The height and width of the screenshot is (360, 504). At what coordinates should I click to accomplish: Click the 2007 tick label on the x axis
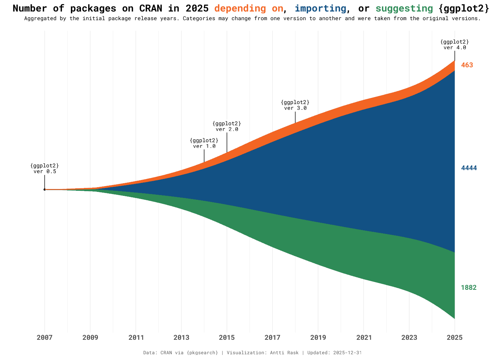[45, 338]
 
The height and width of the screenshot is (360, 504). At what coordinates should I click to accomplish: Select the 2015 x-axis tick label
[227, 338]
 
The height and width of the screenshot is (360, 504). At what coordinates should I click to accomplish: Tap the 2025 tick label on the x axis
[454, 338]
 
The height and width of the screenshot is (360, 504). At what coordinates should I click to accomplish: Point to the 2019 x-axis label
[318, 338]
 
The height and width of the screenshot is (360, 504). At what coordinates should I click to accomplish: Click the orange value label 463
[467, 65]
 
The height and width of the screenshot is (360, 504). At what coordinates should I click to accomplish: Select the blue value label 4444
[469, 168]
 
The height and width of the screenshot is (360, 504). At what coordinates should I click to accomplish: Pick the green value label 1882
[468, 288]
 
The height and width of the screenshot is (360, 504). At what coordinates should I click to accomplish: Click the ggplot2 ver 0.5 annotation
[45, 168]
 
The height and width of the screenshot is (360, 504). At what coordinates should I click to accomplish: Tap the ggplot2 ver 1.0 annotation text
[204, 143]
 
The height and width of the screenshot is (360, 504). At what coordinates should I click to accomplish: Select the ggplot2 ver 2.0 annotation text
[227, 126]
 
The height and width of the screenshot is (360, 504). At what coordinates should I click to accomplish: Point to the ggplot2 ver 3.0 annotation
[295, 105]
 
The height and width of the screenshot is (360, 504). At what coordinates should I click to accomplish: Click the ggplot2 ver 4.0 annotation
[455, 45]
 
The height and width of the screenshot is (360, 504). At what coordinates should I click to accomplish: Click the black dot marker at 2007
[45, 189]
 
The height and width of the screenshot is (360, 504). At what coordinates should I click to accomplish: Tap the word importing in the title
[320, 8]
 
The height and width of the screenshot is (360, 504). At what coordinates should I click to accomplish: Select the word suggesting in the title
[404, 8]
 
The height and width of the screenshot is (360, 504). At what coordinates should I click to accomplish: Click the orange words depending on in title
[249, 8]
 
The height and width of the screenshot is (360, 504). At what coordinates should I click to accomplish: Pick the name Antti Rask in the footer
[284, 353]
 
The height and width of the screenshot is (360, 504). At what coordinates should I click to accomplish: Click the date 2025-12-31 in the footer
[347, 353]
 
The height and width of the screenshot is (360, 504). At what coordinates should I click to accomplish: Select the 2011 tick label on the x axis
[136, 338]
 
